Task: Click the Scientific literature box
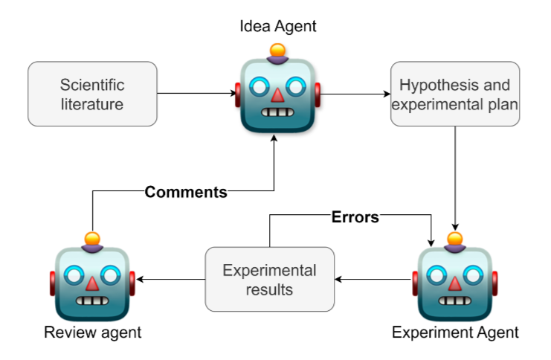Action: (92, 94)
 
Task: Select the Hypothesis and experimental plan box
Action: (454, 94)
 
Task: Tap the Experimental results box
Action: (269, 279)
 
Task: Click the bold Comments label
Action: (186, 192)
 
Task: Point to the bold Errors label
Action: (355, 217)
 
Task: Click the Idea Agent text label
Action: (277, 27)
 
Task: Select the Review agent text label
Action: (92, 332)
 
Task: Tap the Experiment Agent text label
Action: (455, 332)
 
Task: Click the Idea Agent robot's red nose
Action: (277, 95)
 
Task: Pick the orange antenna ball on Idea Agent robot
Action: (277, 51)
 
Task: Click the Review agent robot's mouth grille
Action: (92, 302)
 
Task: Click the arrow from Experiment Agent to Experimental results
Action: (373, 280)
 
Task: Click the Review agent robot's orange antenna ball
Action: (92, 239)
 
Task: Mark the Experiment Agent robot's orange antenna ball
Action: (455, 239)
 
